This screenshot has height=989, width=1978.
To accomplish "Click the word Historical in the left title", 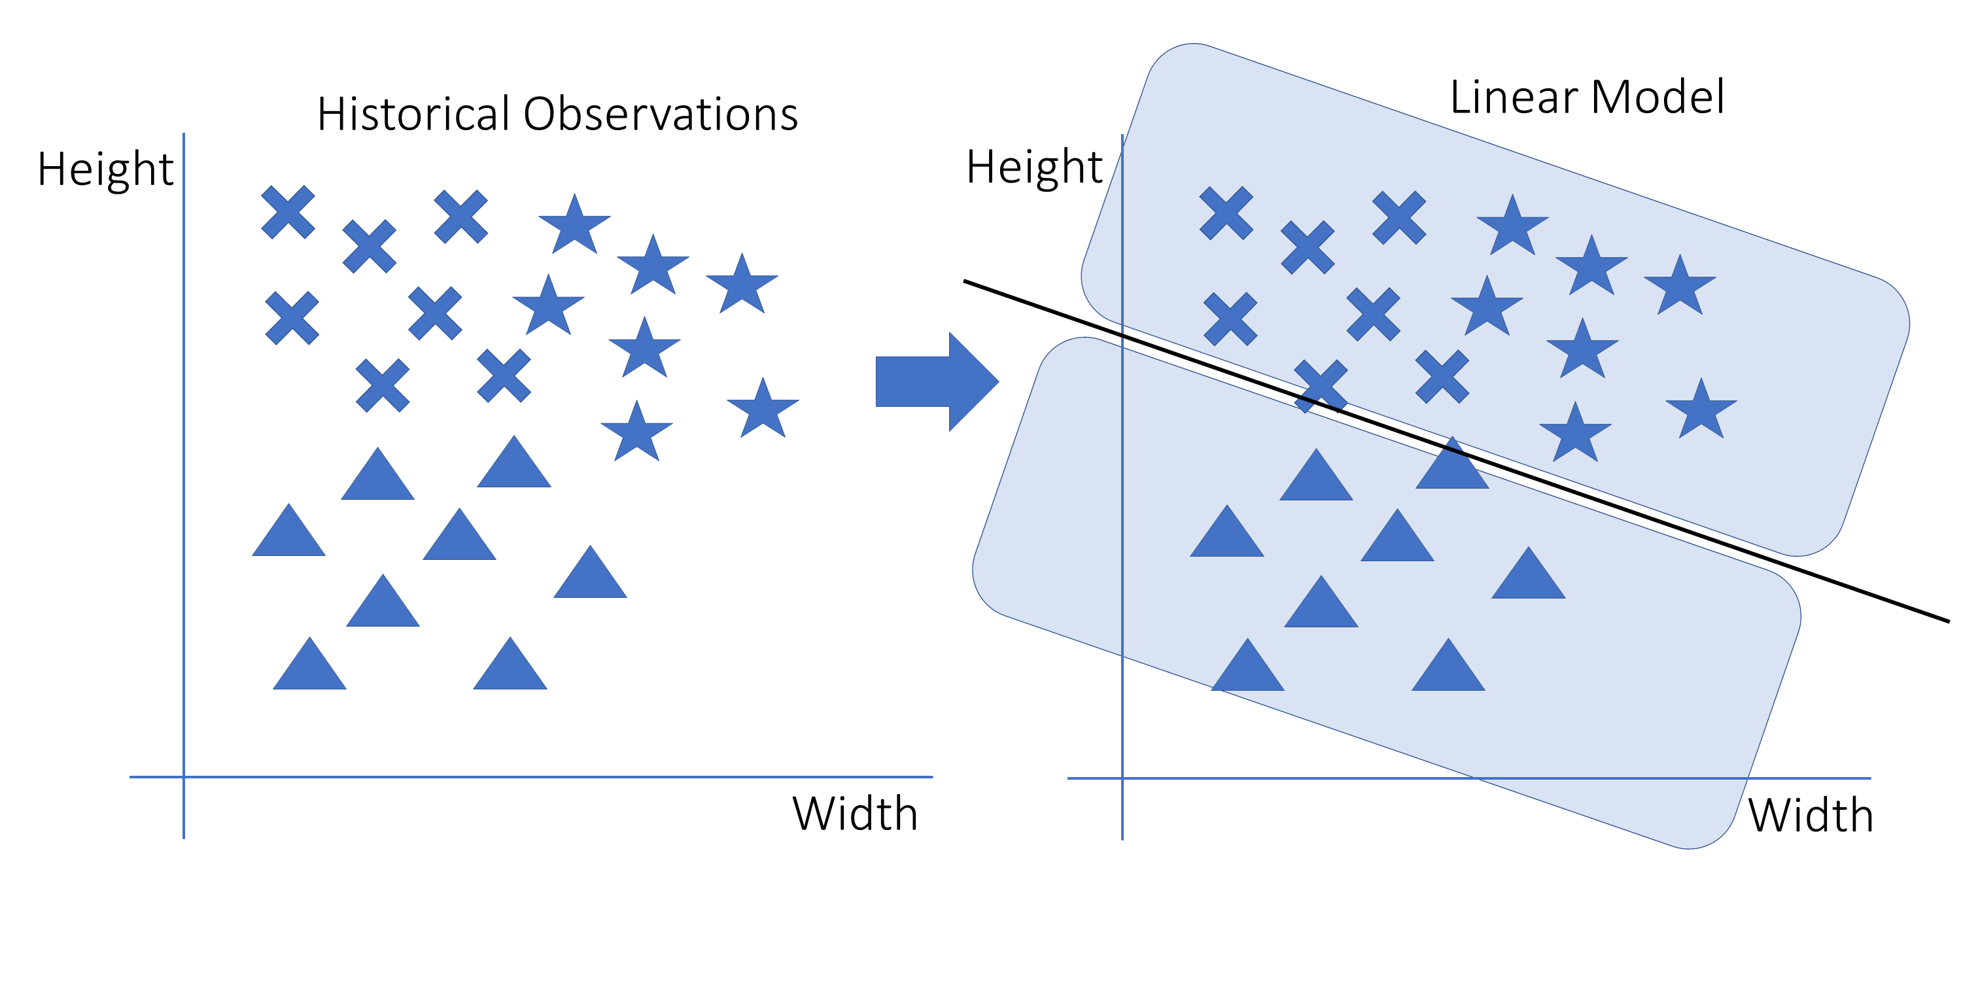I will (x=413, y=115).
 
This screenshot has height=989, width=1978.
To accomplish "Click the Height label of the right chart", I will (x=1033, y=168).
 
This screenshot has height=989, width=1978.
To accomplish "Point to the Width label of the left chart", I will (x=855, y=814).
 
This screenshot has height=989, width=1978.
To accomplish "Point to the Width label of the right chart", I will (x=1810, y=816).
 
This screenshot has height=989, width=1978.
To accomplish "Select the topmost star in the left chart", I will (x=574, y=226).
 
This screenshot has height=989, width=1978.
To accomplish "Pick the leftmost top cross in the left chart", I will (x=288, y=212).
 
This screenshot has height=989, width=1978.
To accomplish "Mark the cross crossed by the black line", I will (x=1321, y=386).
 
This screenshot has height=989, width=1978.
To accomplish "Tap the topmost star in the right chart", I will (x=1512, y=227).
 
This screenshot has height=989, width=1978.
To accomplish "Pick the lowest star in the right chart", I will (x=1575, y=434).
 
